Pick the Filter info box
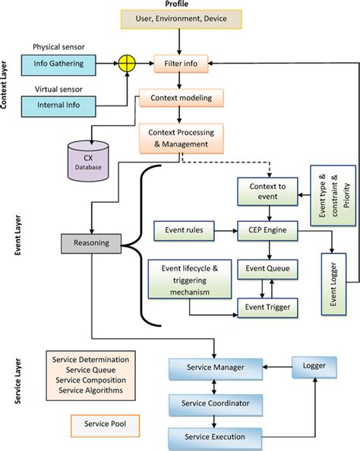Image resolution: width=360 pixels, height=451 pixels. coord(180,65)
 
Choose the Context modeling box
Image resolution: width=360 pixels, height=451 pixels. coord(180,97)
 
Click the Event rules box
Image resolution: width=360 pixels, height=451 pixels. coord(183,228)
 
